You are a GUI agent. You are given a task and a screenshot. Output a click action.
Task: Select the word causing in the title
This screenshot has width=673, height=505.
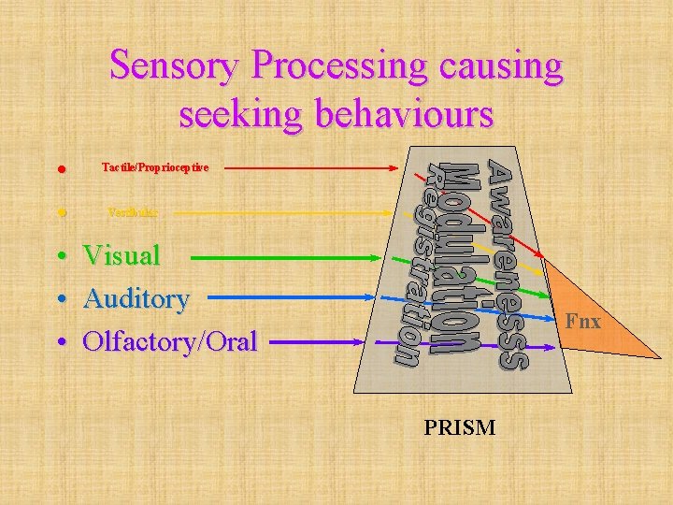tap(506, 66)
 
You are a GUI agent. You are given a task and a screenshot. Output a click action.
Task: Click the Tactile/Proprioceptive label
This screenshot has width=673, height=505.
tap(155, 167)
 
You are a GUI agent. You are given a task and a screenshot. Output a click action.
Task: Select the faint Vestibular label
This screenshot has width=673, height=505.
tap(133, 212)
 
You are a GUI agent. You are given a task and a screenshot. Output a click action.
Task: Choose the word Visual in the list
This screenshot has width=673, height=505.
tap(122, 254)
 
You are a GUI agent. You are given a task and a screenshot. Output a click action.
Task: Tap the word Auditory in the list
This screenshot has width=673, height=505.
tap(136, 298)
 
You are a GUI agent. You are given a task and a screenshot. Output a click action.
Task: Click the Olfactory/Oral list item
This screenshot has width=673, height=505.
tap(169, 341)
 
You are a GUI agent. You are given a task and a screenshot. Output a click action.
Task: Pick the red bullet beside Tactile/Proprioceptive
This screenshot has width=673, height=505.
tap(61, 169)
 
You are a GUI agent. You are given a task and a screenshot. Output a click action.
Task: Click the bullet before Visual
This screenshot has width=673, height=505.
tap(61, 255)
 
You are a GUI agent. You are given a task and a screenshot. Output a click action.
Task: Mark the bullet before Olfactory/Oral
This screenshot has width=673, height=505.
tap(61, 342)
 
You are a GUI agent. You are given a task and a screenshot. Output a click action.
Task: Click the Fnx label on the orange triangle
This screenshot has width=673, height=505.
tap(582, 322)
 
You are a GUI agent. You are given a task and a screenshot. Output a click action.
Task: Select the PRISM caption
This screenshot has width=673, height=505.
tap(460, 428)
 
